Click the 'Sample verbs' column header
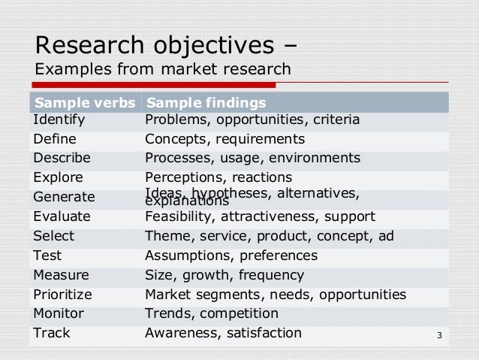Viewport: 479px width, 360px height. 83,102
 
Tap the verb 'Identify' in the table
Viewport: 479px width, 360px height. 59,119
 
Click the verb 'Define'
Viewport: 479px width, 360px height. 54,139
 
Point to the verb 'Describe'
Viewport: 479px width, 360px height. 62,159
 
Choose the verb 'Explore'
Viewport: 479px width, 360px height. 58,178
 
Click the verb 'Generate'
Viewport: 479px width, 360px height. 64,198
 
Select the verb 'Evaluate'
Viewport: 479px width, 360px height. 62,216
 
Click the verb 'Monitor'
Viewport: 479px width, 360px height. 59,313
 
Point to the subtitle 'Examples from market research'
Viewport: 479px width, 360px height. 162,69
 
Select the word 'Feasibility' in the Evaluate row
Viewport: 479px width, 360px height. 178,216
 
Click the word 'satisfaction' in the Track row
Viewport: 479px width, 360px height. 260,333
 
